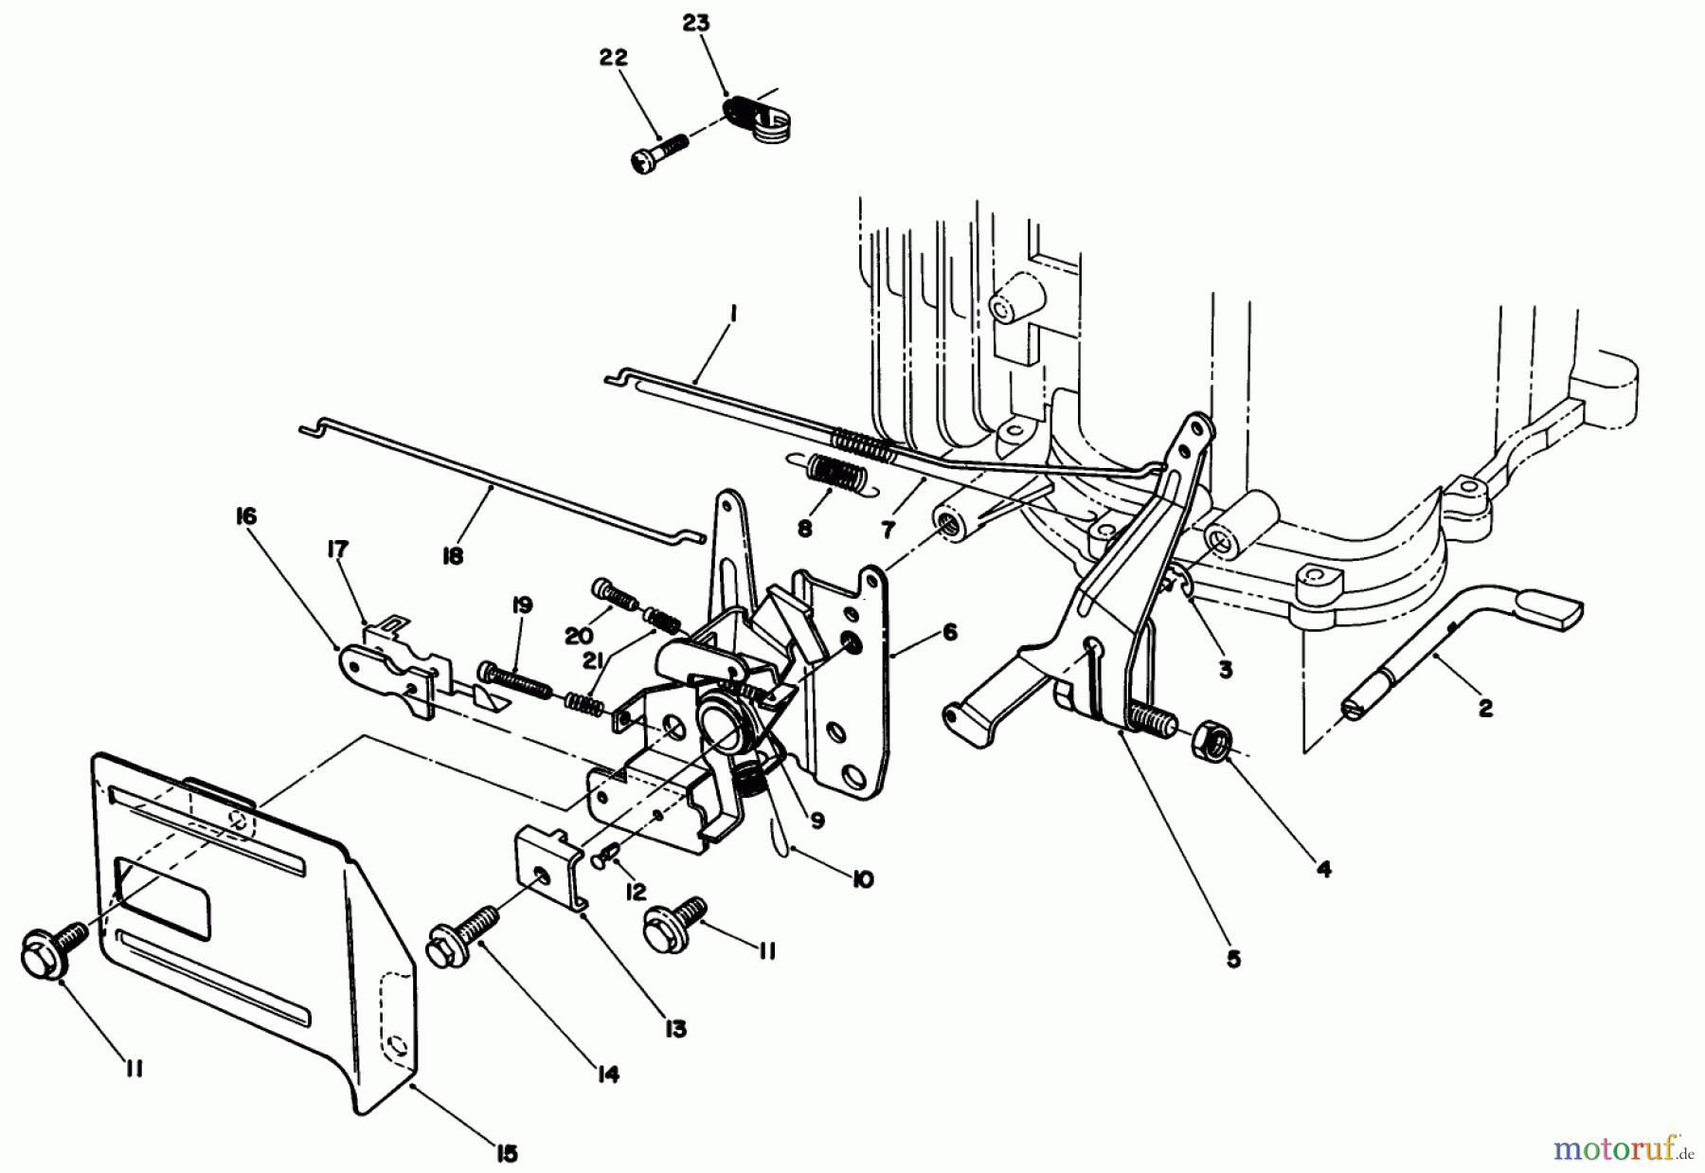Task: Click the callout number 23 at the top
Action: [695, 23]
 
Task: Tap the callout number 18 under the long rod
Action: [453, 557]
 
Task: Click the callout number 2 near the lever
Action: [1485, 708]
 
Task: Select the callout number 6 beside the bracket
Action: [950, 632]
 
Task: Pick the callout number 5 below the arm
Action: [1232, 959]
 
